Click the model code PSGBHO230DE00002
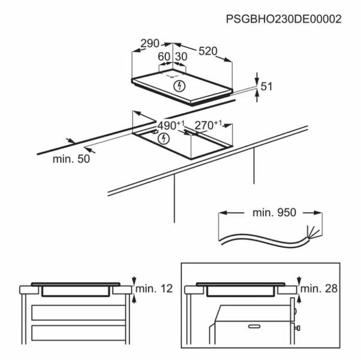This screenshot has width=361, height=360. point(284,19)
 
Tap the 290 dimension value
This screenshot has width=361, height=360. point(150,44)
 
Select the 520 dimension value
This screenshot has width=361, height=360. point(208,51)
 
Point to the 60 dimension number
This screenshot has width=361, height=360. point(164,56)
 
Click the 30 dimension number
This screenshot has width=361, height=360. point(181,56)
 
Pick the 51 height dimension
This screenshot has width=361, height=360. point(266,86)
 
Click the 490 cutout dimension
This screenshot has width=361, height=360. point(171,125)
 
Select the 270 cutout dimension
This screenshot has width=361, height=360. point(208,125)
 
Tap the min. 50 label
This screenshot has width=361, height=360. point(71,159)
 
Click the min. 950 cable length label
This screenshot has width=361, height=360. point(274,212)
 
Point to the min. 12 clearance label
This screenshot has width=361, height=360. point(154,289)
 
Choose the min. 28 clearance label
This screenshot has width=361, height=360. point(319,289)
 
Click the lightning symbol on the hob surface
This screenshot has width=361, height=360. point(179,86)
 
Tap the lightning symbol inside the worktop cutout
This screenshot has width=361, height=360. point(164,139)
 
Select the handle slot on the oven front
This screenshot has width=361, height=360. point(254,326)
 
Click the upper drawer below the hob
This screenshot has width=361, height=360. point(79,313)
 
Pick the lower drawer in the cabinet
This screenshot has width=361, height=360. point(79,333)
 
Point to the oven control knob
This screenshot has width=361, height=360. point(297,328)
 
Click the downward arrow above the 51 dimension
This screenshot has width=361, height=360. point(257,78)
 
